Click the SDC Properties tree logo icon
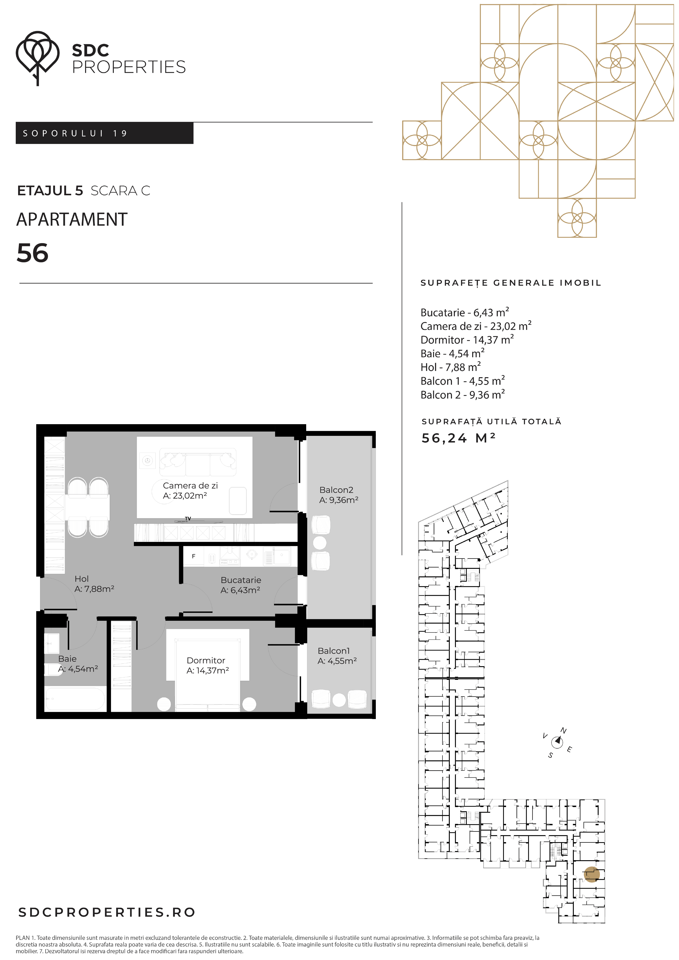pyautogui.click(x=38, y=58)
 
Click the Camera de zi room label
pyautogui.click(x=190, y=485)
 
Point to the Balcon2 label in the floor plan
pyautogui.click(x=336, y=490)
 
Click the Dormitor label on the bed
pyautogui.click(x=206, y=660)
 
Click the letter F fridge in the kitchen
pyautogui.click(x=194, y=556)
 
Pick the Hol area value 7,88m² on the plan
pyautogui.click(x=94, y=589)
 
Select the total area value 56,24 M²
pyautogui.click(x=458, y=438)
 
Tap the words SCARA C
pyautogui.click(x=121, y=191)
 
